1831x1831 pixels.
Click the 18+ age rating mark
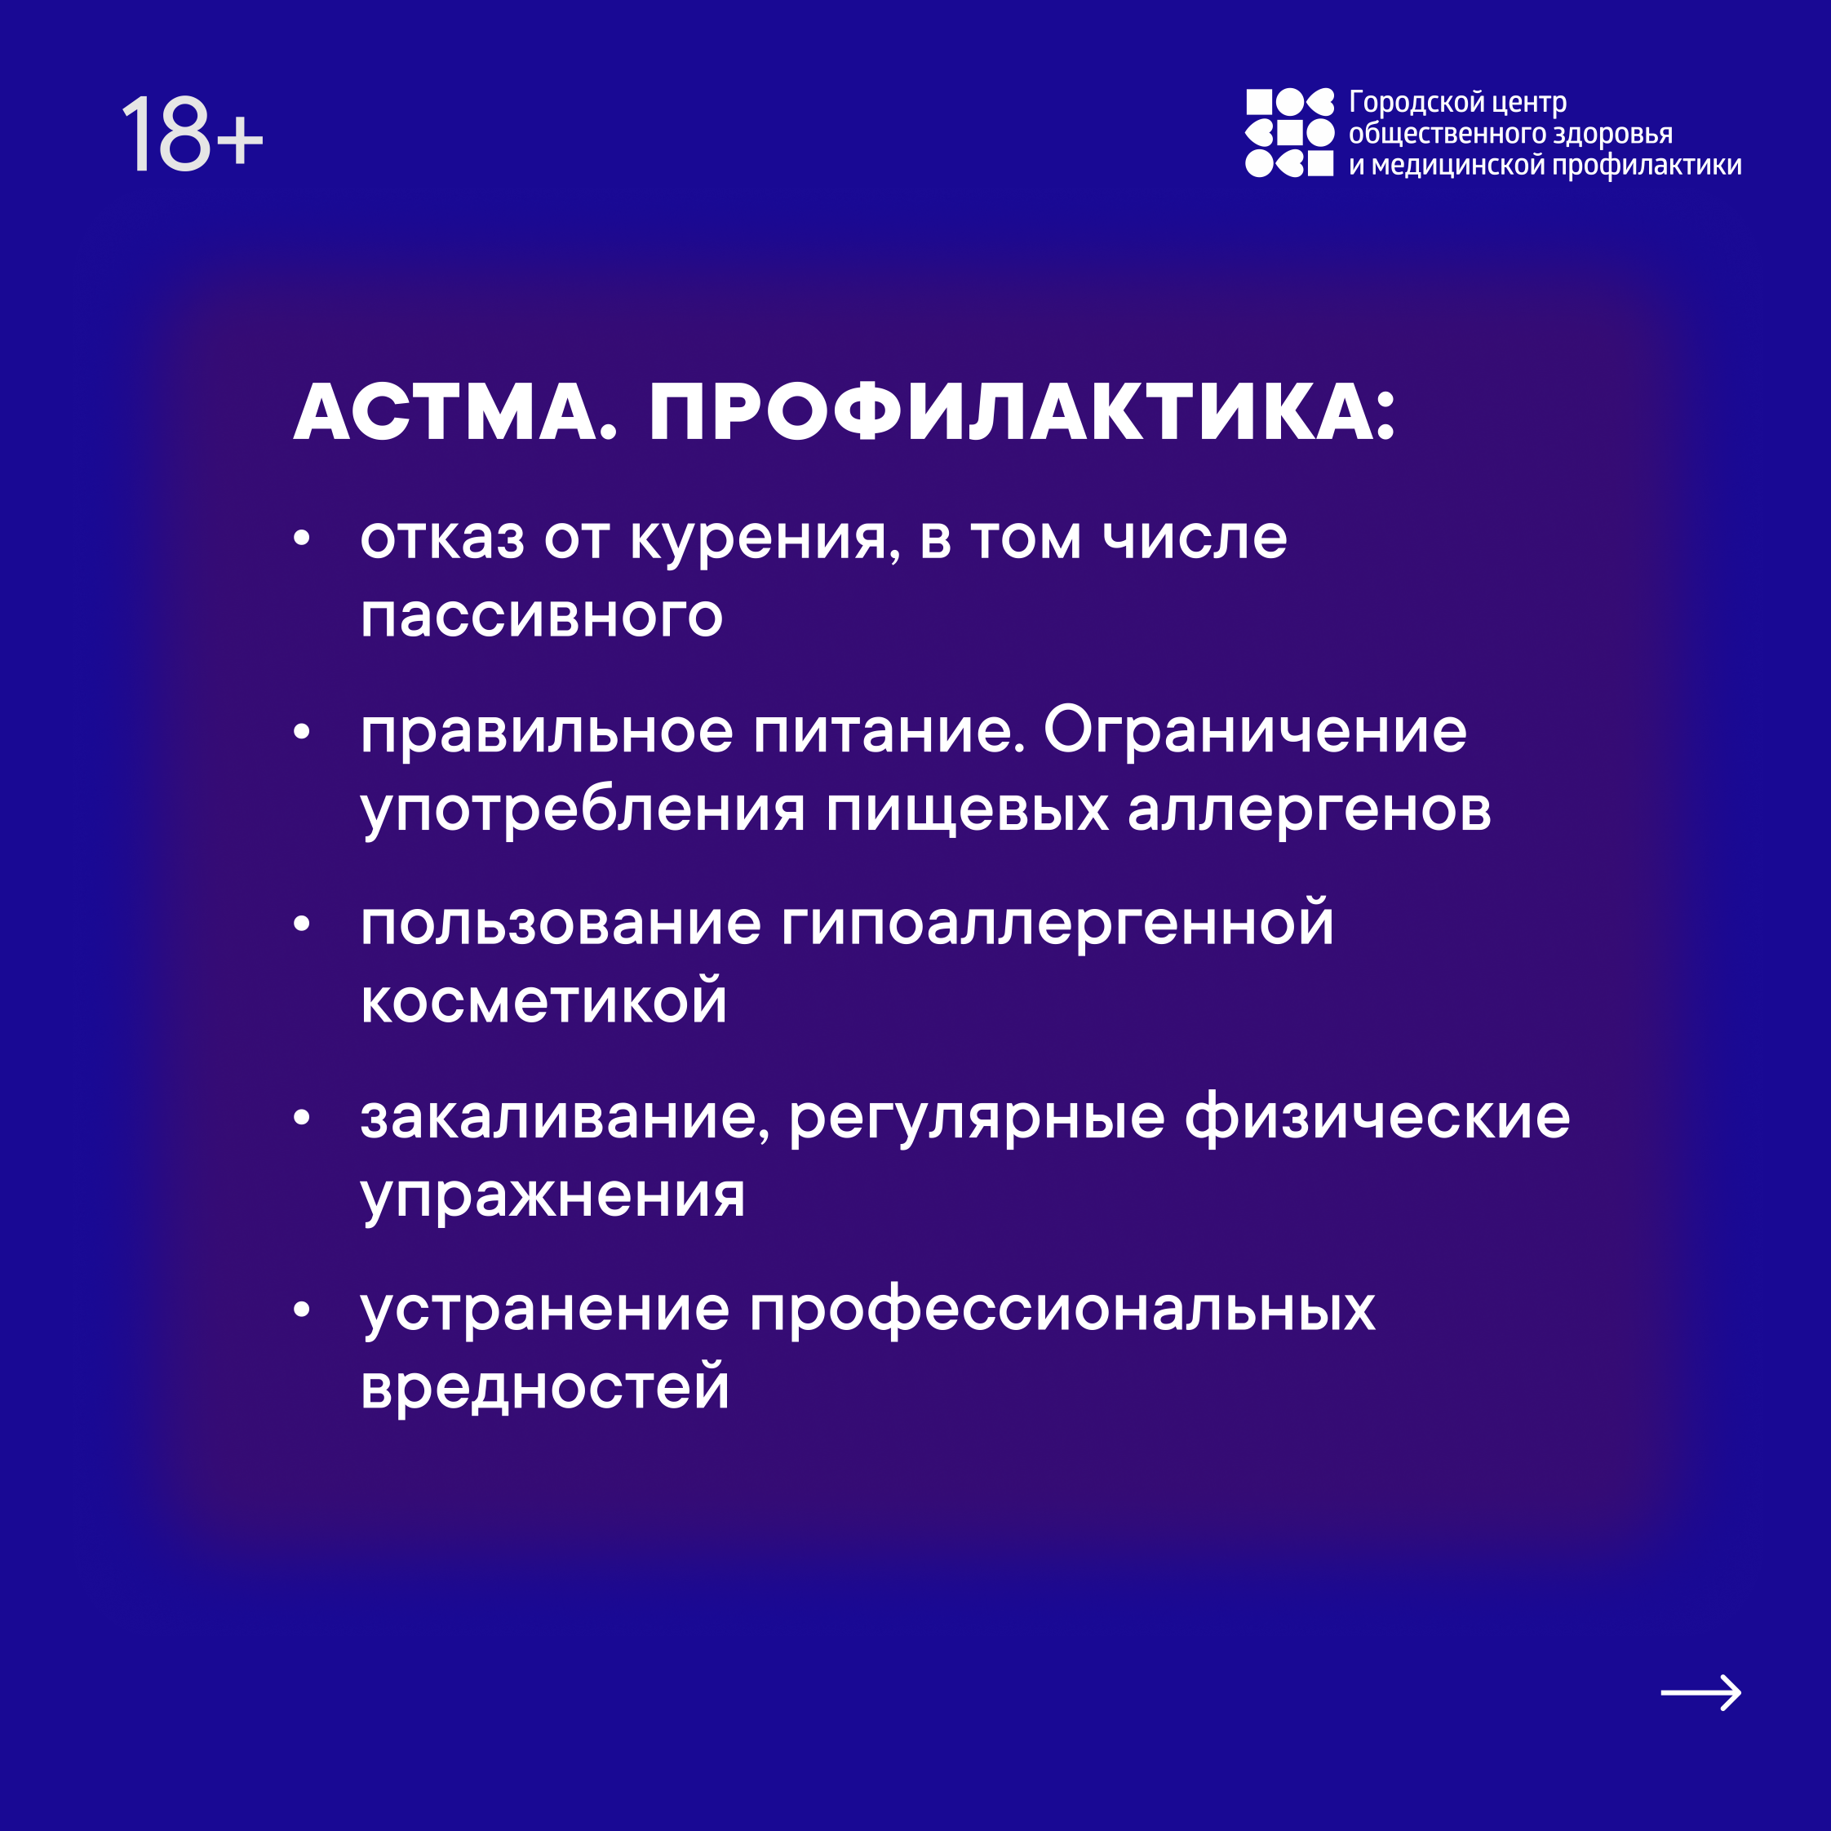click(193, 134)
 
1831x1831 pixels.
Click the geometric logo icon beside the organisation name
click(1289, 134)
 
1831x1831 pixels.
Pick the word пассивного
click(542, 617)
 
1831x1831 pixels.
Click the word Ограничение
click(1256, 731)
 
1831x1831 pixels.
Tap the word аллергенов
click(1310, 811)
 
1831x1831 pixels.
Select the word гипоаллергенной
click(1057, 922)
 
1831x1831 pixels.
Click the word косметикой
click(544, 1002)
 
